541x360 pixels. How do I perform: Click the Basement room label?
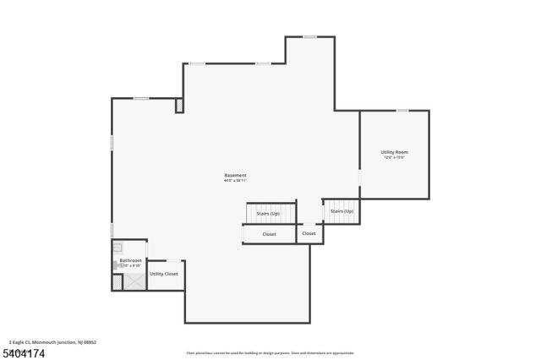(x=235, y=175)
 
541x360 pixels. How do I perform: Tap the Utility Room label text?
(x=395, y=152)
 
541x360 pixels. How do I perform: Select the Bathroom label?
(x=130, y=260)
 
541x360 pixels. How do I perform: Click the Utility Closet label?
(x=164, y=274)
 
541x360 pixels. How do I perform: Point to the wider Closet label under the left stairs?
(x=269, y=234)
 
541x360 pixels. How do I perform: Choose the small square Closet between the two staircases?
(x=309, y=233)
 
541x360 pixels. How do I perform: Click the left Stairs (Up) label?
(x=269, y=213)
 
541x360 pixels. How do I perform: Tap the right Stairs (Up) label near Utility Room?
(x=342, y=211)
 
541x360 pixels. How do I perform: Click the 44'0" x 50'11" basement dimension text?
(x=235, y=181)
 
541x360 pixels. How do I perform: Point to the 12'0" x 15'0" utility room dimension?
(x=395, y=158)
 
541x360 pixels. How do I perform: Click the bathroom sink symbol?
(x=118, y=248)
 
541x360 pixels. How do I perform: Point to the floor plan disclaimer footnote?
(x=270, y=353)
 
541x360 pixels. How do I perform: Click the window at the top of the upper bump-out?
(x=309, y=36)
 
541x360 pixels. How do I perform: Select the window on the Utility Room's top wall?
(x=402, y=111)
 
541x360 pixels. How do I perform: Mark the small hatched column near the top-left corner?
(x=179, y=105)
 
